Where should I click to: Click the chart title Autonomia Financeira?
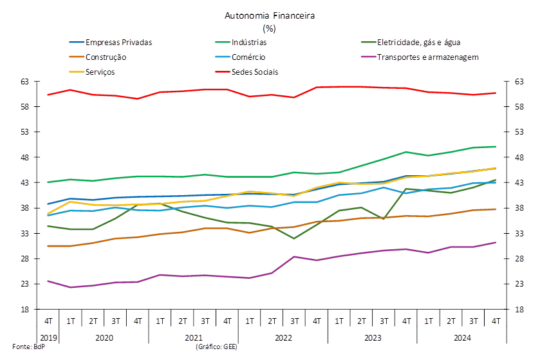click(x=270, y=15)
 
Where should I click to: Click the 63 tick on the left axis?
click(x=25, y=82)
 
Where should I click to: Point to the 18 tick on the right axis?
click(x=519, y=309)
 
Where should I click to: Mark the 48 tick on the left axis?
click(x=25, y=157)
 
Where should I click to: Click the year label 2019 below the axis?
click(x=48, y=337)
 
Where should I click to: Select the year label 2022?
click(x=283, y=337)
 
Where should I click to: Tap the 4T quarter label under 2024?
click(x=496, y=321)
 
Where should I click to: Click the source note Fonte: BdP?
click(x=28, y=346)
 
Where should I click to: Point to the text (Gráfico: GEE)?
click(x=217, y=346)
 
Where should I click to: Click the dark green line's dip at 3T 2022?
click(x=293, y=238)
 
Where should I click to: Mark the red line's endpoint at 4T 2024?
click(x=496, y=93)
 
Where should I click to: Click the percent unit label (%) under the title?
click(x=269, y=28)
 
